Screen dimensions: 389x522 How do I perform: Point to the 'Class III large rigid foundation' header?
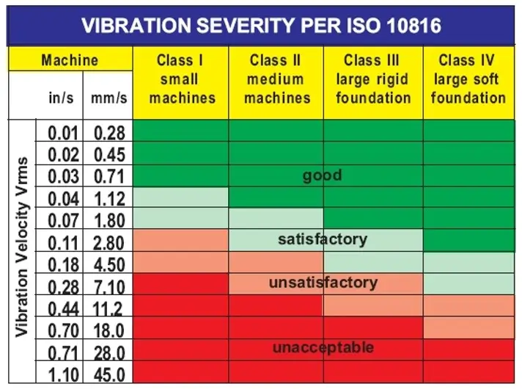(372, 79)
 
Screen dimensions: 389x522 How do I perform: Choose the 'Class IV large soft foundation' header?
(468, 79)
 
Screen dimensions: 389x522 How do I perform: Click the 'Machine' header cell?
(70, 59)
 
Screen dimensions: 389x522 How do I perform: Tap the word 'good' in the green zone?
(323, 176)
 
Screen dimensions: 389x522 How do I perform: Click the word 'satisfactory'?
(323, 239)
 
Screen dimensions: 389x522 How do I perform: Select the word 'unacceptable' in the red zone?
(323, 347)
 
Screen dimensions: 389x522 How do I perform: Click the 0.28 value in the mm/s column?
(109, 133)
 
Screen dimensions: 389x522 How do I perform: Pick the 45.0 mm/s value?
(109, 374)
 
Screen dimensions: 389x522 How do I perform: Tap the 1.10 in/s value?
(64, 374)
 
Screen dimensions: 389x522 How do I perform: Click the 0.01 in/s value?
(64, 133)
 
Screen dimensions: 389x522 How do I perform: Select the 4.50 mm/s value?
(109, 264)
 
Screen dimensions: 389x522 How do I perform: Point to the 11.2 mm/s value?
(109, 308)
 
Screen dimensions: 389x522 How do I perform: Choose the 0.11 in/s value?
(64, 242)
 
